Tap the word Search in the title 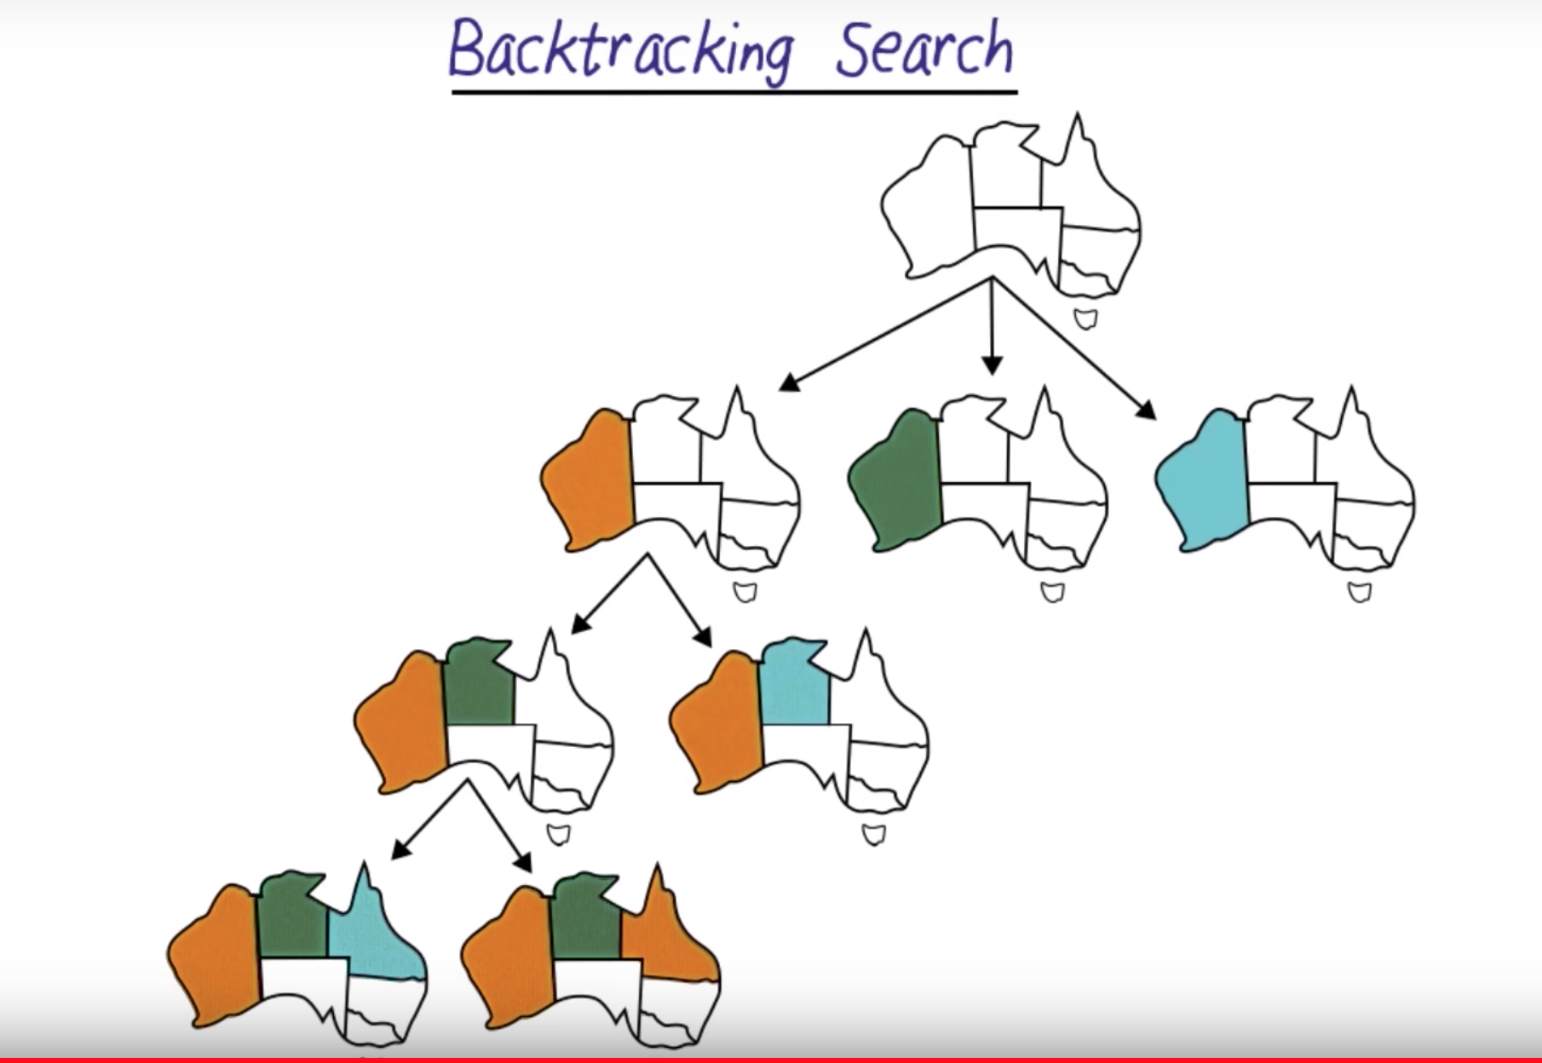coord(924,47)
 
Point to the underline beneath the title coord(734,89)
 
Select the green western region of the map coord(895,481)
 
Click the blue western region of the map coord(1202,481)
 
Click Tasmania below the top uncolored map coord(1085,319)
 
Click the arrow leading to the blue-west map coord(1073,348)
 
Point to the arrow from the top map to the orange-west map coord(885,334)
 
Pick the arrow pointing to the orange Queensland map coord(501,825)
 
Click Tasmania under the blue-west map coord(1360,592)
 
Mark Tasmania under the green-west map coord(1053,592)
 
